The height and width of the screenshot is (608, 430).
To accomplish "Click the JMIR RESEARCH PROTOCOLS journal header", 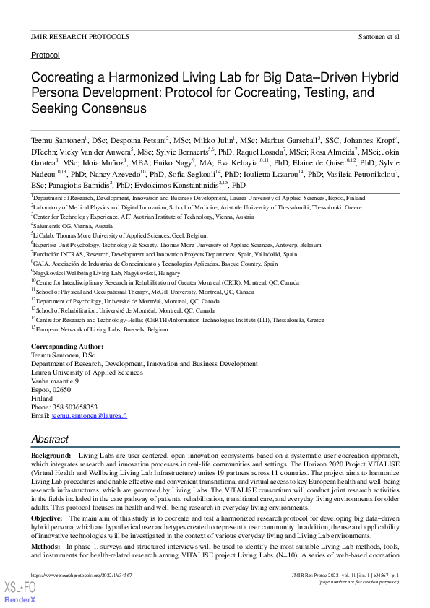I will click(80, 36).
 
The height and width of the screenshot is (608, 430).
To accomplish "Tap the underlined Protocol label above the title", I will click(46, 55).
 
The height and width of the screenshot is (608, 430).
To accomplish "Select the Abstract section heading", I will click(50, 439).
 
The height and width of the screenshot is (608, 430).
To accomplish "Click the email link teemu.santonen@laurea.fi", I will click(89, 416).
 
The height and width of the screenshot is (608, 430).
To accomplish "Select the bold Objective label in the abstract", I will click(47, 518).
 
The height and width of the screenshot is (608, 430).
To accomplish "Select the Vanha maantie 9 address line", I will click(55, 381).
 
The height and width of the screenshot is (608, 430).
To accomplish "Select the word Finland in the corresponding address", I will click(42, 399).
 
